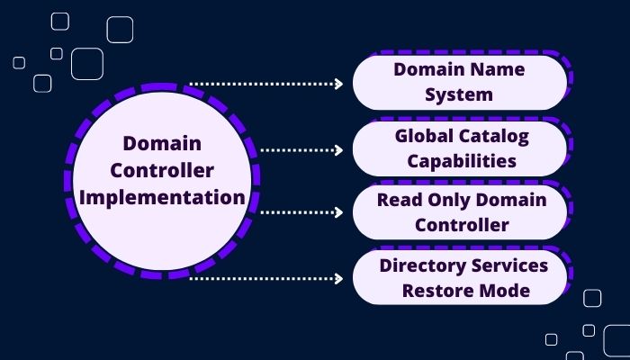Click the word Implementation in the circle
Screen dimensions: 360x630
click(x=162, y=197)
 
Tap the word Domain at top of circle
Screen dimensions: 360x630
click(x=162, y=144)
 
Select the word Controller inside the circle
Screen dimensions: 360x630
click(x=162, y=170)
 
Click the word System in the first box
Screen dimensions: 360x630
click(x=460, y=94)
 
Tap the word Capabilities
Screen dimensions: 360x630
click(x=461, y=161)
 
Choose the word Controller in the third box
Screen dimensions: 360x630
click(x=461, y=225)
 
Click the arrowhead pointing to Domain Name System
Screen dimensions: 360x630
click(x=338, y=84)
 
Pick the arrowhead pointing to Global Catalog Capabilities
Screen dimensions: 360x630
click(x=338, y=149)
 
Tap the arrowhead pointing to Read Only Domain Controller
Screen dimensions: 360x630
click(x=338, y=213)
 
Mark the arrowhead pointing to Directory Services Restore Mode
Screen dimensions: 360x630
click(x=338, y=279)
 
